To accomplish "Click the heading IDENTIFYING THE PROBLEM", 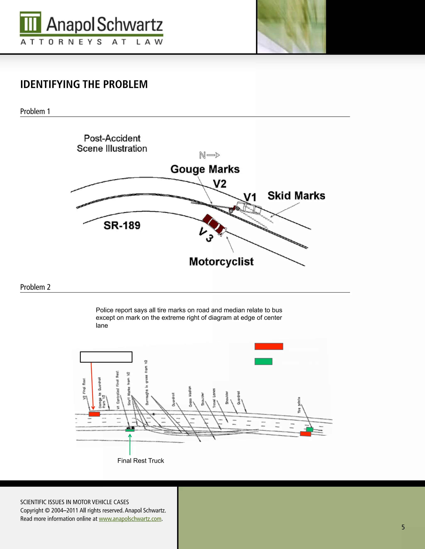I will [84, 85].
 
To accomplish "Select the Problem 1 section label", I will [35, 111].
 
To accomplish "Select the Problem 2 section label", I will [35, 287].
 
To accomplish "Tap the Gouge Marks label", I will [205, 169].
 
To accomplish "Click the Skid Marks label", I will [296, 196].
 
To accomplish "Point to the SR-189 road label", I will [122, 225].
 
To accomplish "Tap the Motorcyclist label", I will [221, 262].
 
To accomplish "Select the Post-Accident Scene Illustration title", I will [112, 143].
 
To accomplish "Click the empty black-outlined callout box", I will [106, 357].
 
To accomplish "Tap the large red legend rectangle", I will [269, 346].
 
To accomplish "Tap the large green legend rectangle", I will [263, 362].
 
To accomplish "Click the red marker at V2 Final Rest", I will [94, 414].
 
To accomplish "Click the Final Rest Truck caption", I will [140, 461].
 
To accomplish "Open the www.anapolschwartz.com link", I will [130, 519].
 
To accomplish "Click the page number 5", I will [403, 527].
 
